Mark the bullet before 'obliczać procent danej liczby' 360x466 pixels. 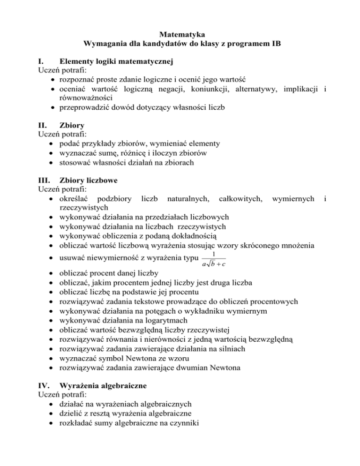click(50, 273)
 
